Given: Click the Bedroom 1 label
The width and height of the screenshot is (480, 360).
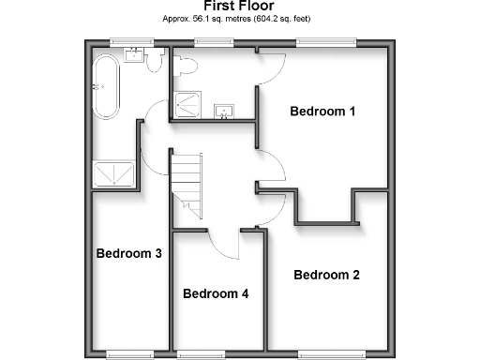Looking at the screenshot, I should pos(322,112).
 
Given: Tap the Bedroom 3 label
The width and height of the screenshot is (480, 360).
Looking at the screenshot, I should pos(129,253).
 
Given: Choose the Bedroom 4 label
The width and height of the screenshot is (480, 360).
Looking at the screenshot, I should pos(216,293).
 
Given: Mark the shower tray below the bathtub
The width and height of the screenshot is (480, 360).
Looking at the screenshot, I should pos(114,173).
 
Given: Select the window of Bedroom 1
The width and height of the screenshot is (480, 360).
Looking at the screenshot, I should pos(326,41).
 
